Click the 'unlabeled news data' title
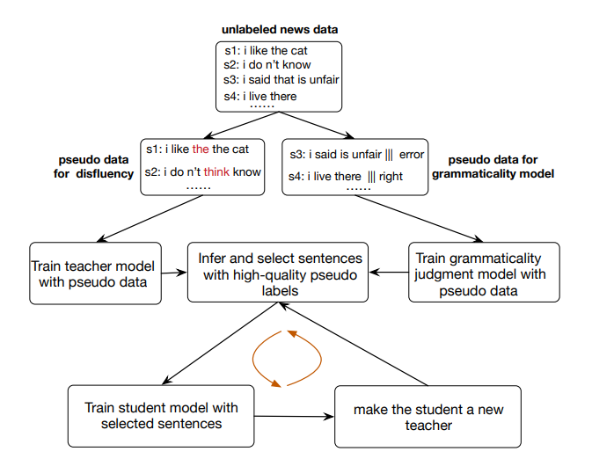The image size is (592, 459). pyautogui.click(x=280, y=29)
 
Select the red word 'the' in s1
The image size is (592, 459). pyautogui.click(x=200, y=149)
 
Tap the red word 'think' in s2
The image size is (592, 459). pyautogui.click(x=216, y=171)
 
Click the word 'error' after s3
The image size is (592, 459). pyautogui.click(x=412, y=155)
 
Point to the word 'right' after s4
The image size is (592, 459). pyautogui.click(x=391, y=176)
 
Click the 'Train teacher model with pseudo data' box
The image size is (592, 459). pyautogui.click(x=96, y=273)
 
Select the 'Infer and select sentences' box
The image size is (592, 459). pyautogui.click(x=278, y=273)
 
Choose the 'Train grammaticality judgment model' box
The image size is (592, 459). pyautogui.click(x=484, y=273)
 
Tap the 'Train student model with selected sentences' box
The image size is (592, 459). pyautogui.click(x=161, y=416)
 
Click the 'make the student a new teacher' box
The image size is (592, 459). pyautogui.click(x=428, y=416)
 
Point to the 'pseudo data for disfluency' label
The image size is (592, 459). pyautogui.click(x=93, y=166)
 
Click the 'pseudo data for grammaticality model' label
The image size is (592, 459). pyautogui.click(x=493, y=166)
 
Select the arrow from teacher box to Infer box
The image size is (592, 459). pyautogui.click(x=174, y=273)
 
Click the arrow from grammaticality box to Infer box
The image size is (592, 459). pyautogui.click(x=389, y=273)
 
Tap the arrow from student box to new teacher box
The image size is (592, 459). pyautogui.click(x=294, y=416)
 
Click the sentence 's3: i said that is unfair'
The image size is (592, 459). pyautogui.click(x=281, y=80)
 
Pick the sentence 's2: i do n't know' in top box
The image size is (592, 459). pyautogui.click(x=267, y=64)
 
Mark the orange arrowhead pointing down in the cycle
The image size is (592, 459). pyautogui.click(x=276, y=383)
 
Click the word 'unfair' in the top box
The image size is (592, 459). pyautogui.click(x=324, y=80)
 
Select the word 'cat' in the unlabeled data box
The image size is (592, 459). pyautogui.click(x=299, y=51)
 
